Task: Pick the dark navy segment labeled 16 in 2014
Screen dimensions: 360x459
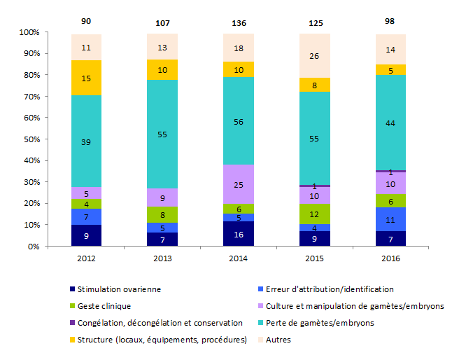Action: (239, 234)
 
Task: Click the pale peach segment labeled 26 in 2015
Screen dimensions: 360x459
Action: (315, 56)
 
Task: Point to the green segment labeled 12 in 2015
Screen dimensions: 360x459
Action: (315, 214)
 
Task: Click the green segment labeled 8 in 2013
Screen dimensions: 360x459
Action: (162, 215)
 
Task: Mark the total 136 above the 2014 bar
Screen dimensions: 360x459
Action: (239, 22)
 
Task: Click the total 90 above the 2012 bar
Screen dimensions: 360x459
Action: (86, 22)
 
